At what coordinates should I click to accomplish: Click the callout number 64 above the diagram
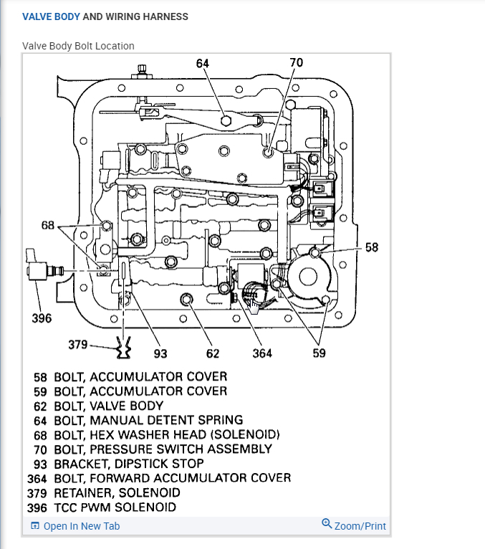(x=202, y=63)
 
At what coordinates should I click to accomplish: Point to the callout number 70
(x=296, y=63)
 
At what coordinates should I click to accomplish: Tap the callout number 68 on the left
(x=48, y=226)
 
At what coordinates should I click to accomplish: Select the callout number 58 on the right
(x=371, y=247)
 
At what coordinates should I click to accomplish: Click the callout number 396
(x=42, y=318)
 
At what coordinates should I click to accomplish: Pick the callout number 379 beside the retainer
(x=77, y=345)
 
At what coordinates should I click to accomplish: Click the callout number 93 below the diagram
(x=161, y=353)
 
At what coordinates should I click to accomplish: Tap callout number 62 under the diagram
(x=213, y=353)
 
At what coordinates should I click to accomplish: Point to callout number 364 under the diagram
(x=262, y=353)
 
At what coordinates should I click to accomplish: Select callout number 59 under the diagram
(x=319, y=353)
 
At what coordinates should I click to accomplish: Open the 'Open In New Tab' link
(x=81, y=526)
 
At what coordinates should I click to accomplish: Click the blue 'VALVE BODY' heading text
(x=51, y=16)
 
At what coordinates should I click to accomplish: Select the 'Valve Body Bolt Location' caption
(x=78, y=46)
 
